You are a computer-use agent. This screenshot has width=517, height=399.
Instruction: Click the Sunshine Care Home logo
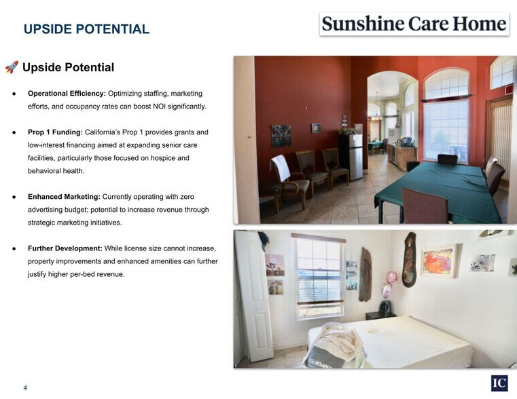pyautogui.click(x=414, y=24)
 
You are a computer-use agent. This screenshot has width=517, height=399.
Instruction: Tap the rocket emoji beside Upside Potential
pyautogui.click(x=12, y=67)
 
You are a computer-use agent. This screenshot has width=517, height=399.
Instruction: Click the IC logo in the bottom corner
pyautogui.click(x=499, y=383)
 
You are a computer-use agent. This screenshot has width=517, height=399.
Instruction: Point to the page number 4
pyautogui.click(x=25, y=388)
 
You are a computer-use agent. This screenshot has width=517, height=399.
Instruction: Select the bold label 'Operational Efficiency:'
pyautogui.click(x=67, y=93)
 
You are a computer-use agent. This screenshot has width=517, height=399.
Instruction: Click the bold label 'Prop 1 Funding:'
pyautogui.click(x=55, y=132)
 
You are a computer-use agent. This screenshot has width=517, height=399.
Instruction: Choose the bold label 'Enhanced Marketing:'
pyautogui.click(x=64, y=197)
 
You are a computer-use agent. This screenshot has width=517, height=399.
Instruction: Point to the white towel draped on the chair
pyautogui.click(x=280, y=168)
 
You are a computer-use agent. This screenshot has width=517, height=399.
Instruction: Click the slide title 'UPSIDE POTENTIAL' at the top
pyautogui.click(x=86, y=29)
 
